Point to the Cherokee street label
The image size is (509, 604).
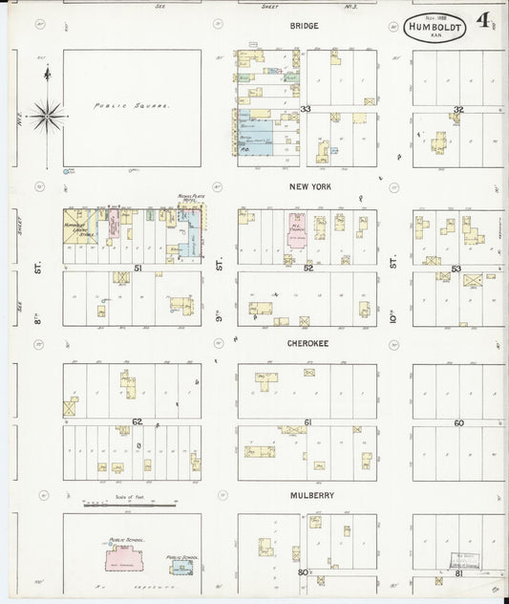click(x=307, y=341)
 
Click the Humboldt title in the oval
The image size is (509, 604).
click(x=435, y=28)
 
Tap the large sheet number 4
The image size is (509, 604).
click(x=485, y=19)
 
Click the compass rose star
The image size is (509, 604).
click(x=46, y=118)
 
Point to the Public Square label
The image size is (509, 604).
click(x=132, y=106)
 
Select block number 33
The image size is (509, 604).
click(x=306, y=110)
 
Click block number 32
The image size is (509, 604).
click(x=458, y=110)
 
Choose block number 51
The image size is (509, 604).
click(x=138, y=269)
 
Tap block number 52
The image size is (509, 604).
click(x=308, y=269)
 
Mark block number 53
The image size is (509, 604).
click(x=456, y=269)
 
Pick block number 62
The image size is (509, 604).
click(x=137, y=421)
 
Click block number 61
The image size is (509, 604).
click(x=308, y=421)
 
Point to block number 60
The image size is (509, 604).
click(x=458, y=421)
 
